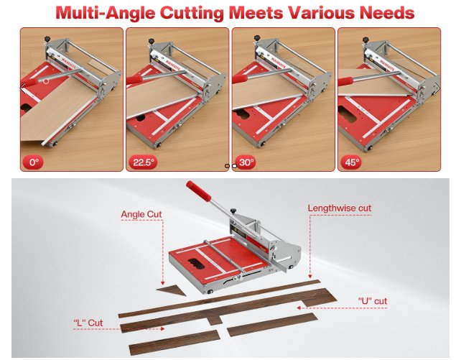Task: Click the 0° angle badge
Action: [33, 162]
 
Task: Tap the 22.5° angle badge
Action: [143, 162]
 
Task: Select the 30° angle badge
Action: [246, 162]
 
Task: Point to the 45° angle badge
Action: [351, 162]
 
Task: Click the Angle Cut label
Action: [141, 214]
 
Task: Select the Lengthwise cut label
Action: [340, 208]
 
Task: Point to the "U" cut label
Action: [373, 301]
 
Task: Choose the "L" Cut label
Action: [88, 323]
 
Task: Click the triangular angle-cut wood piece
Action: [172, 290]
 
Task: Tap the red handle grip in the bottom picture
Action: [198, 190]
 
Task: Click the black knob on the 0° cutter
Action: [47, 39]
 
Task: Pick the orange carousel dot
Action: [227, 166]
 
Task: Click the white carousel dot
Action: [234, 166]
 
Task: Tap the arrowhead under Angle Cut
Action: [162, 282]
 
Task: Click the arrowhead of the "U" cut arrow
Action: [299, 308]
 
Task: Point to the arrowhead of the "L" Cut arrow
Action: [162, 329]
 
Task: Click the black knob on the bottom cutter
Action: [233, 211]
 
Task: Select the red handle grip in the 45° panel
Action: [345, 81]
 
